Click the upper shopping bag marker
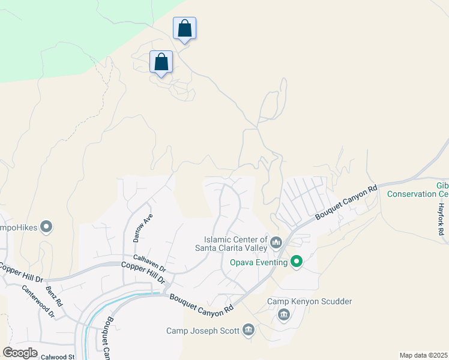(x=184, y=29)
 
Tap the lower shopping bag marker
(x=161, y=62)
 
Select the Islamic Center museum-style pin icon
(x=276, y=242)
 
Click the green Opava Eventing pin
(x=296, y=262)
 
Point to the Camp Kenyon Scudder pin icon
(x=284, y=314)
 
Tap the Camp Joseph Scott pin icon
(x=249, y=330)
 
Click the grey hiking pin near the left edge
(x=47, y=227)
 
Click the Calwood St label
(x=59, y=356)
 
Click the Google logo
(x=20, y=353)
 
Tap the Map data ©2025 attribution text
(x=423, y=355)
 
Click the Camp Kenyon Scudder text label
(x=309, y=301)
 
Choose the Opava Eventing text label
(x=259, y=262)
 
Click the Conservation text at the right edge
(x=418, y=194)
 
